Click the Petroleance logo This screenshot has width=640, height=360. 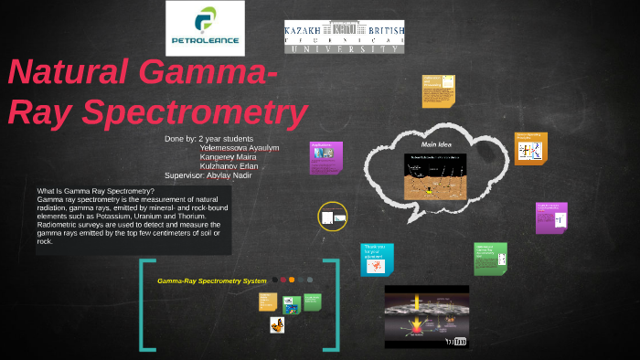[x=205, y=28]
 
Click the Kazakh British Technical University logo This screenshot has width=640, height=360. [x=344, y=36]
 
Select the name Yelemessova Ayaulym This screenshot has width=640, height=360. [x=239, y=148]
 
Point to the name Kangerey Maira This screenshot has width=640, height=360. [x=228, y=157]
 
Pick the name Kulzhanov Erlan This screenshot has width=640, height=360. [x=229, y=166]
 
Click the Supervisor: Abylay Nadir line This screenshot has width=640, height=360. [x=208, y=175]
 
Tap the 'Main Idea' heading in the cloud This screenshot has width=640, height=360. [x=436, y=145]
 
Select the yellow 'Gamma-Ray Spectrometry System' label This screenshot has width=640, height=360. [x=211, y=281]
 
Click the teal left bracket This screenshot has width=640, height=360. [x=144, y=305]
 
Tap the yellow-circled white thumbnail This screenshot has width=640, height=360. [x=333, y=217]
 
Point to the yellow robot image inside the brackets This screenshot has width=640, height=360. [x=276, y=324]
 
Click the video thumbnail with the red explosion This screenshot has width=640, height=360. [x=426, y=316]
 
